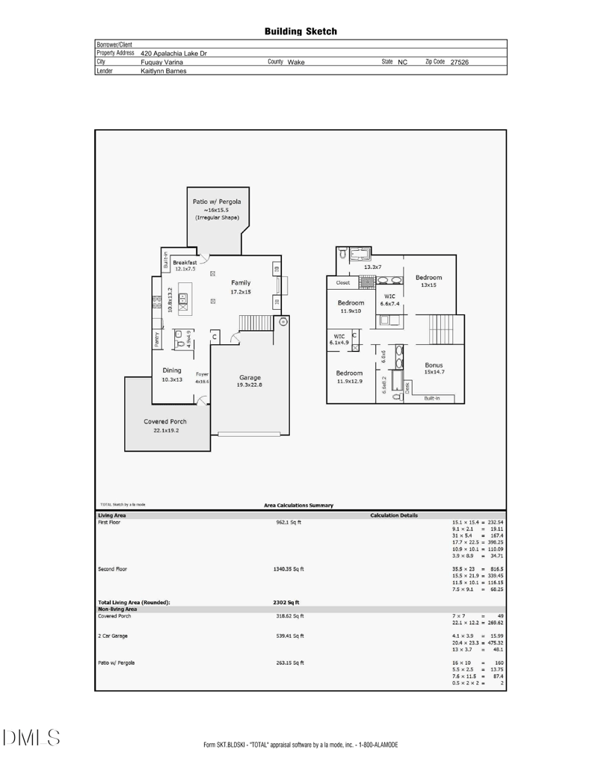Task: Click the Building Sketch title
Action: coord(300,31)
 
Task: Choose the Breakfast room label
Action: coord(185,263)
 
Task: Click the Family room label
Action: coord(241,283)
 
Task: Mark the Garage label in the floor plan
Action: coord(249,377)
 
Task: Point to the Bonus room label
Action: coord(434,365)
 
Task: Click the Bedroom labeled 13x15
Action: coord(428,277)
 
